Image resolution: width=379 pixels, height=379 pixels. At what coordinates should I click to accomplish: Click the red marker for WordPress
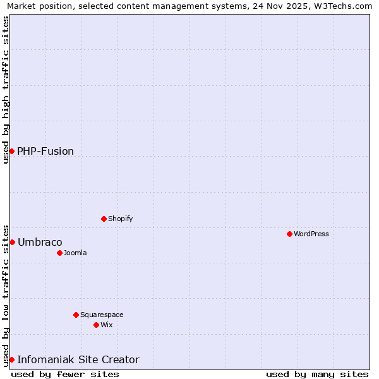[289, 234]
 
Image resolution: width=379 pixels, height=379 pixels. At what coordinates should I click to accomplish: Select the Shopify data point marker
[104, 219]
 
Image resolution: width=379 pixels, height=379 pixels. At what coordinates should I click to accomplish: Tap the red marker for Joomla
[59, 253]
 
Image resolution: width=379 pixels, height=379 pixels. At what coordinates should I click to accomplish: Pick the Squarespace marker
[76, 315]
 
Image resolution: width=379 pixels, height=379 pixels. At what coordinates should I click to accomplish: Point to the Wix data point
[96, 325]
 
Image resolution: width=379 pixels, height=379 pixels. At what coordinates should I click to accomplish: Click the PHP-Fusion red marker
[11, 151]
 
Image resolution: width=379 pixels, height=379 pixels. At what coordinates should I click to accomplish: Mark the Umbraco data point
[11, 242]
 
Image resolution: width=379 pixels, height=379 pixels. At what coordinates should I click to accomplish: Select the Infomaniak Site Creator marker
[11, 359]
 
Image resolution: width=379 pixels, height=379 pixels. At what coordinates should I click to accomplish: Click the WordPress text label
[311, 234]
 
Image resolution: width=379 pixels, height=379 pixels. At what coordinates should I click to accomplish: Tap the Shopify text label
[120, 219]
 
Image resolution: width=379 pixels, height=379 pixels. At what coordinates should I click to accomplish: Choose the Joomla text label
[75, 253]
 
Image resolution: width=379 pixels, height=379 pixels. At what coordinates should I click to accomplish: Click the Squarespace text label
[102, 315]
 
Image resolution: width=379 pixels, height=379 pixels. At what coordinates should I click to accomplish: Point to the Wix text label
[106, 325]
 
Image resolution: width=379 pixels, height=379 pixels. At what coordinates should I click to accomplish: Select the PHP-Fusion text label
[45, 151]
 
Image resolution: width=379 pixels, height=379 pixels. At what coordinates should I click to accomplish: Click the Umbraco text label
[40, 242]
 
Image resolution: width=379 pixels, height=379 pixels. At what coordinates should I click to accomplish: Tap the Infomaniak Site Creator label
[78, 359]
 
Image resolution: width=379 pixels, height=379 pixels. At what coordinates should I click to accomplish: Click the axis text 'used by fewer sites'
[65, 374]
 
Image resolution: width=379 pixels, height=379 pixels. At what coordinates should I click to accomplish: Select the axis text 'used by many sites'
[317, 374]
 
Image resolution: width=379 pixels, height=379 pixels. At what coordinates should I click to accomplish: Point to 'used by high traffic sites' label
[6, 90]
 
